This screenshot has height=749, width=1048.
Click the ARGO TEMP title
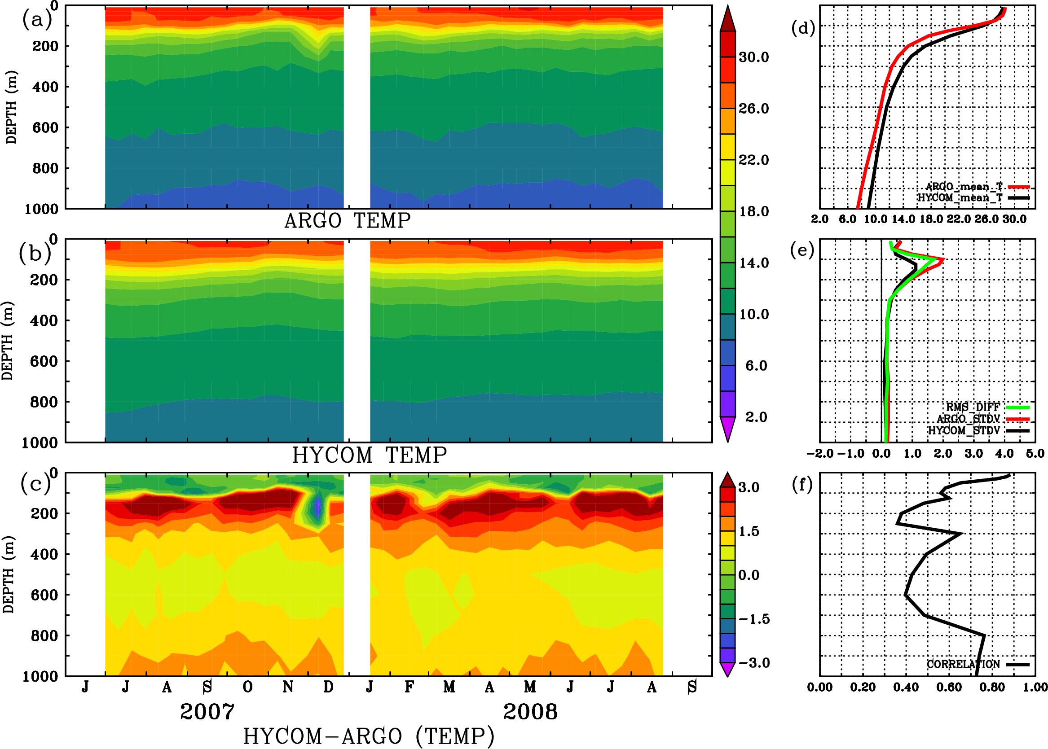[347, 221]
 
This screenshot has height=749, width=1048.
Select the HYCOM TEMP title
[369, 455]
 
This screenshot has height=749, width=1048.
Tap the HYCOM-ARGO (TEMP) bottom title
[368, 736]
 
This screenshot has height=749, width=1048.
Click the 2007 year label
[207, 712]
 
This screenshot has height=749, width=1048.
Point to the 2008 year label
[530, 712]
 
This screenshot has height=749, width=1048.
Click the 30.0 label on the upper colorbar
[753, 57]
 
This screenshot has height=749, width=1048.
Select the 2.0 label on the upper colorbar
[756, 417]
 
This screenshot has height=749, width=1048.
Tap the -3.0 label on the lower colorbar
[754, 663]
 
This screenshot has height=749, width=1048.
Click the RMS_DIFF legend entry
[973, 407]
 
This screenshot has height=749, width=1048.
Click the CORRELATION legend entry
[964, 664]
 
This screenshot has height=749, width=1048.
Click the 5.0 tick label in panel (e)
[1035, 454]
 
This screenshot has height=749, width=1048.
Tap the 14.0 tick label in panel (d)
[903, 219]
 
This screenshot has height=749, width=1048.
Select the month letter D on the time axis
[328, 688]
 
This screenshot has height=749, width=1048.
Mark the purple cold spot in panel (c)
[317, 506]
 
